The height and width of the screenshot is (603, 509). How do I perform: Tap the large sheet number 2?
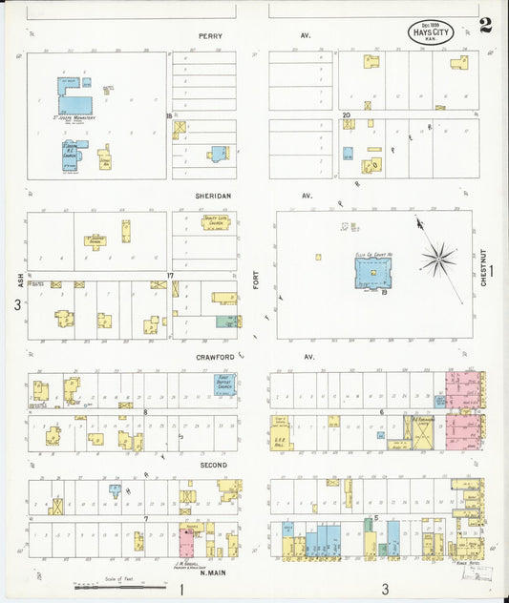point(486,25)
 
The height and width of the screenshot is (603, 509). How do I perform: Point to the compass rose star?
point(438,258)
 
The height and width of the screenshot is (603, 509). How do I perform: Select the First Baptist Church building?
point(224,385)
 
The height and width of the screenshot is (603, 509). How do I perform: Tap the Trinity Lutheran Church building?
point(215,223)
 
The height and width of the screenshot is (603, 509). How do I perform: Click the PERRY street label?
point(210,35)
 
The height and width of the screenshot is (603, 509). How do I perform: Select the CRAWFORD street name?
point(215,357)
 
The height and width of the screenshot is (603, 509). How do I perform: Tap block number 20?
point(346,114)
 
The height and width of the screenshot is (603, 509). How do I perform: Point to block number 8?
point(145,412)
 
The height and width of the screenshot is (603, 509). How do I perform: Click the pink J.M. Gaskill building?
point(186,544)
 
